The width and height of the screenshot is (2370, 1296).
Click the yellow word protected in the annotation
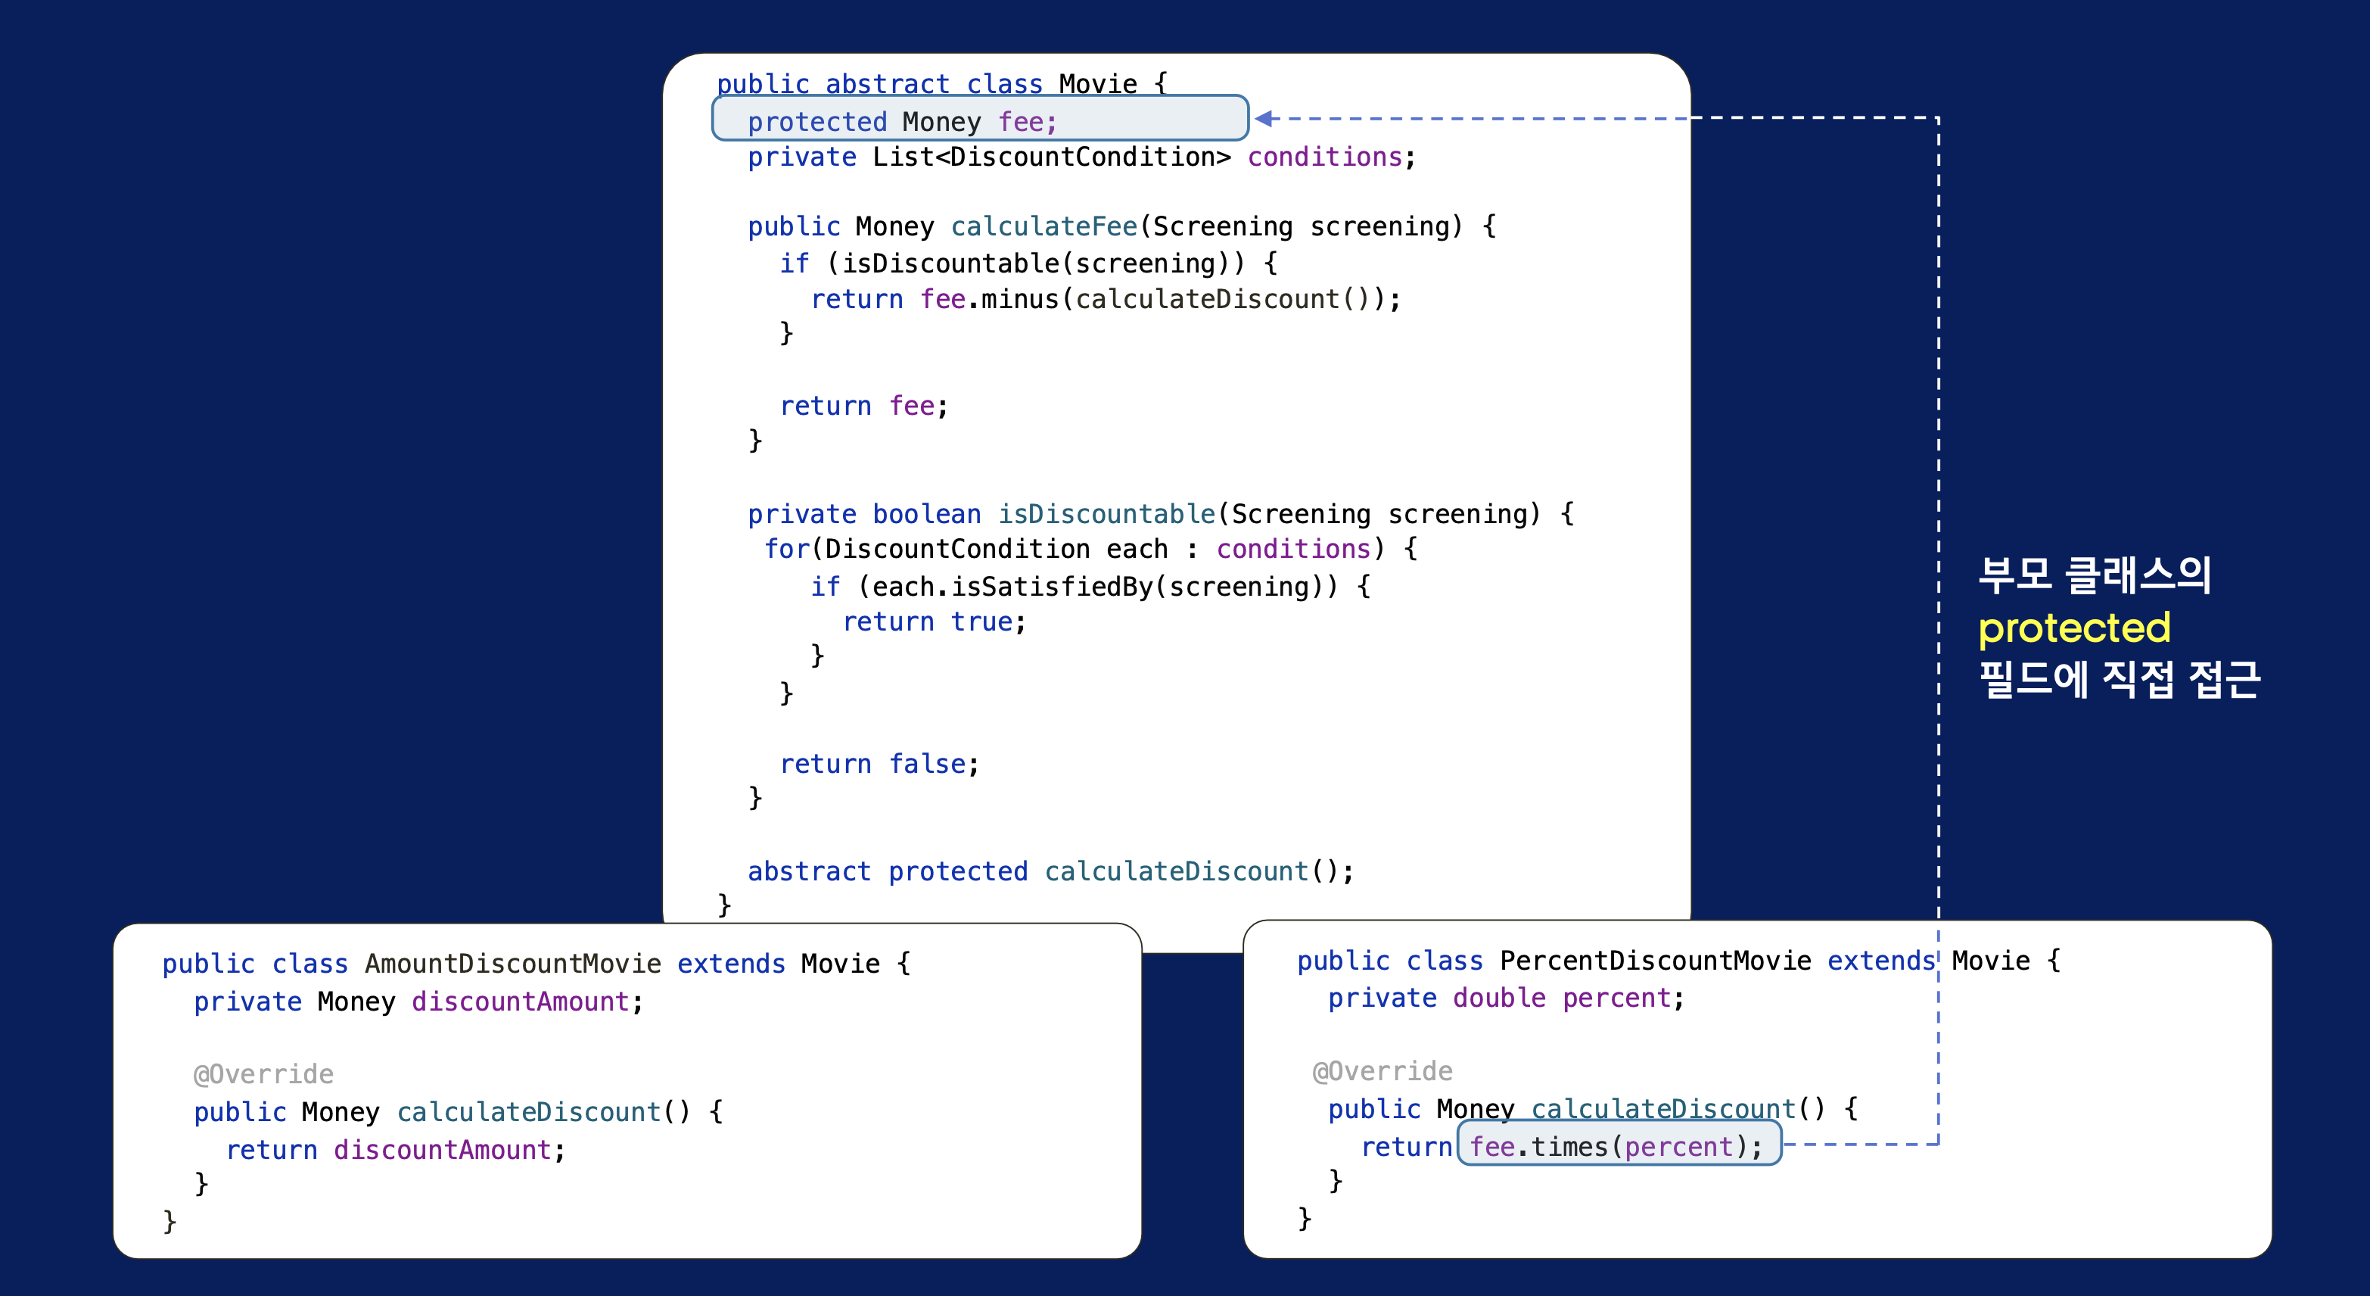click(2073, 628)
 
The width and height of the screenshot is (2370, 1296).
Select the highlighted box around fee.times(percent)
click(1619, 1144)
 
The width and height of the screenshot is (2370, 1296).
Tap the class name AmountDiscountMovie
click(512, 964)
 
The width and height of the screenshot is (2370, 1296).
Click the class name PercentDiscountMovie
click(1654, 961)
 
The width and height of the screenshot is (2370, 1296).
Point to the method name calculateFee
click(1043, 226)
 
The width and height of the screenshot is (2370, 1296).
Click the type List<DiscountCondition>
click(1050, 157)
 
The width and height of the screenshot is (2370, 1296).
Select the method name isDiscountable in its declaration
click(1107, 513)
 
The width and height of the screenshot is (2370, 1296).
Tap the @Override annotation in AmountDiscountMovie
click(263, 1074)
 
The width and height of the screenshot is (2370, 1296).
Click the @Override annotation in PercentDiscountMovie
click(1382, 1071)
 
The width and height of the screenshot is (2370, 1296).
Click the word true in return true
click(981, 622)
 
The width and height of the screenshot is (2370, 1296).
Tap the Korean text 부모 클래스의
click(2094, 575)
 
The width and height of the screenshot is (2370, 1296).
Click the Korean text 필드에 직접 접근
click(2119, 679)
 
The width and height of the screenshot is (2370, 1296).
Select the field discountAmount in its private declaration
click(520, 1002)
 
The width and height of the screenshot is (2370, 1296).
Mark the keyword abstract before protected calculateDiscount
click(808, 871)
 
